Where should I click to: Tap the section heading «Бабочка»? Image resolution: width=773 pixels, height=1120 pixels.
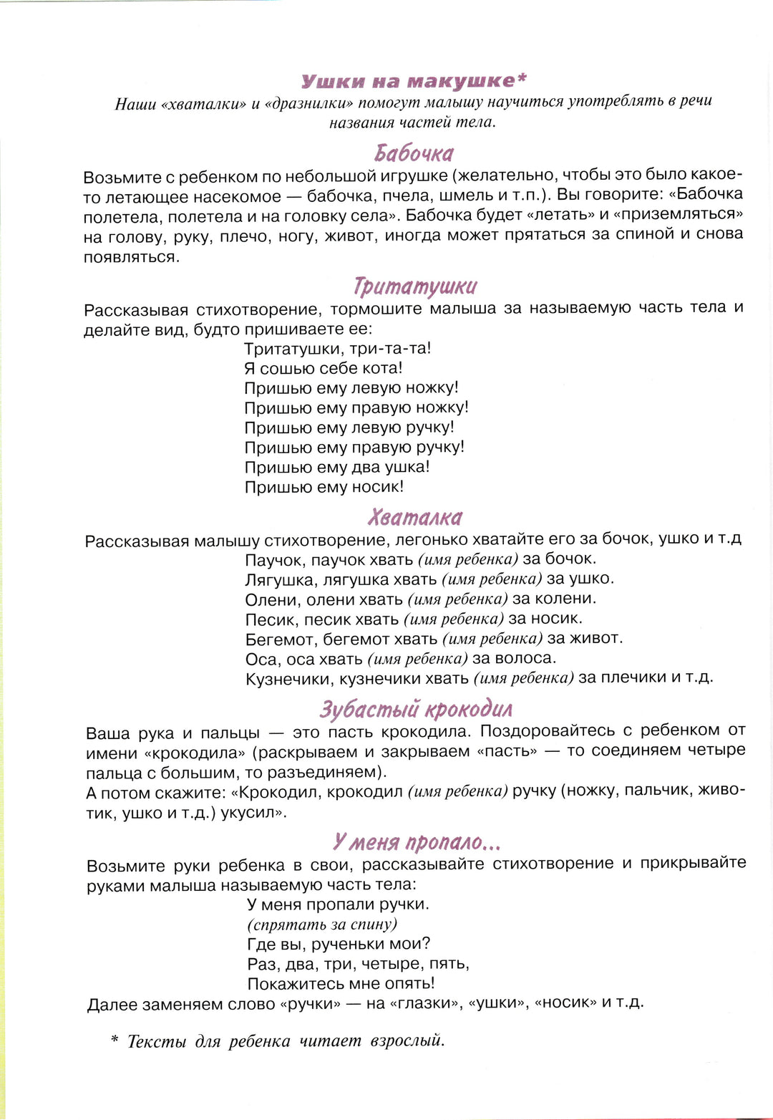tap(414, 153)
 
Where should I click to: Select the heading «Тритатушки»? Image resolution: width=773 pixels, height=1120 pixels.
tap(414, 286)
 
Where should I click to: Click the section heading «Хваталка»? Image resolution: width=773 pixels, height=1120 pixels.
tap(415, 517)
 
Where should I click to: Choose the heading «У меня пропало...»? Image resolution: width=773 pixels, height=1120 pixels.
tap(416, 841)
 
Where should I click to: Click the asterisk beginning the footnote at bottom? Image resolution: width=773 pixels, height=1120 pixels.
tap(114, 1039)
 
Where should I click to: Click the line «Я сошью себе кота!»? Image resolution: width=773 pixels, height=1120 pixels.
tap(323, 368)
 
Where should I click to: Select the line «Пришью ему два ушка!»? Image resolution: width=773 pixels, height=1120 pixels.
tap(336, 467)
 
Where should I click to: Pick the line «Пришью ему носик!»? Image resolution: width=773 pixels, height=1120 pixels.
tap(324, 487)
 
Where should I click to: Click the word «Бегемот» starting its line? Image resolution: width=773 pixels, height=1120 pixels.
tap(280, 639)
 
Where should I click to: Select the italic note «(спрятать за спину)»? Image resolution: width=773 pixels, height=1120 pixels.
tap(322, 925)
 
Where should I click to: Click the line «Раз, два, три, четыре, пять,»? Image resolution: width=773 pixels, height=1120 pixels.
tap(358, 964)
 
